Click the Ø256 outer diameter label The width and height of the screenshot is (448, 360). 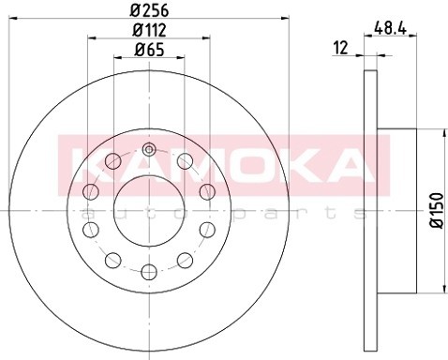click(x=148, y=12)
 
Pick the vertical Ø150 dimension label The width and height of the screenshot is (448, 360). click(x=434, y=214)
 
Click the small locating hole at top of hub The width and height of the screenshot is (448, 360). click(x=148, y=148)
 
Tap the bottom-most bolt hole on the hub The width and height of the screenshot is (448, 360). click(x=148, y=273)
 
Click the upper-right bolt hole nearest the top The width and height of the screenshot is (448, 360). click(x=184, y=161)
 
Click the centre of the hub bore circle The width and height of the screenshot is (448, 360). click(x=148, y=211)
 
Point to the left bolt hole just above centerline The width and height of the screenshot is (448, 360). click(x=91, y=192)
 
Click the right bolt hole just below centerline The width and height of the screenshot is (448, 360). click(x=206, y=230)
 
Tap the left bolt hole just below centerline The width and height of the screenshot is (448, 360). click(x=91, y=230)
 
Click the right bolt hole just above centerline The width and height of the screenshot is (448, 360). click(x=206, y=192)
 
